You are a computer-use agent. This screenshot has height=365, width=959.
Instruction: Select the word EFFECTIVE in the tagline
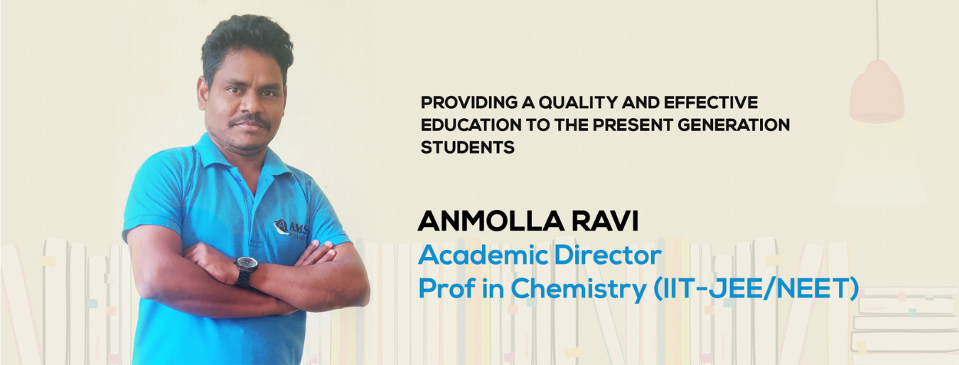711,102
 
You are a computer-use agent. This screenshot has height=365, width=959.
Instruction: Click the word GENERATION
734,125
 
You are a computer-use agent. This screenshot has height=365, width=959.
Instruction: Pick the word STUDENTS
468,147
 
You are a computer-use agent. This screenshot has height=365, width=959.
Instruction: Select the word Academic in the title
483,255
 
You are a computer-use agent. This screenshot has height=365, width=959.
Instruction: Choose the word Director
608,255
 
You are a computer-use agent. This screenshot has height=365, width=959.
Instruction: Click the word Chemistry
579,289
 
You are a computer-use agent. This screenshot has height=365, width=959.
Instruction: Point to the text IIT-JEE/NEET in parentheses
756,288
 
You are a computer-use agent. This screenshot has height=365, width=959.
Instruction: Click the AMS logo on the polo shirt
290,227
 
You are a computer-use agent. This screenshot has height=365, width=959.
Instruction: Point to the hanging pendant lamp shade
877,92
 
